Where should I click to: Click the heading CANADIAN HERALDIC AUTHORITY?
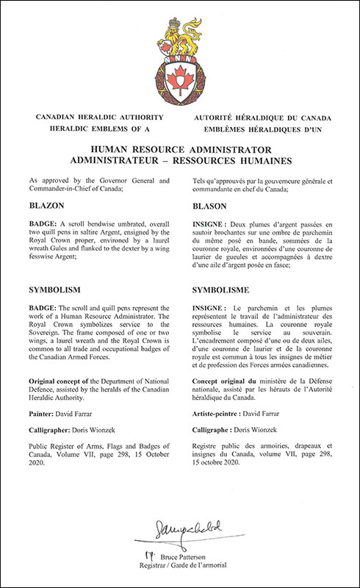point(93,118)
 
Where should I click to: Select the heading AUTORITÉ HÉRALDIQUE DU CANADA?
point(264,118)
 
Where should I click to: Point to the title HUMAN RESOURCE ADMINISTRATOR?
point(180,148)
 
